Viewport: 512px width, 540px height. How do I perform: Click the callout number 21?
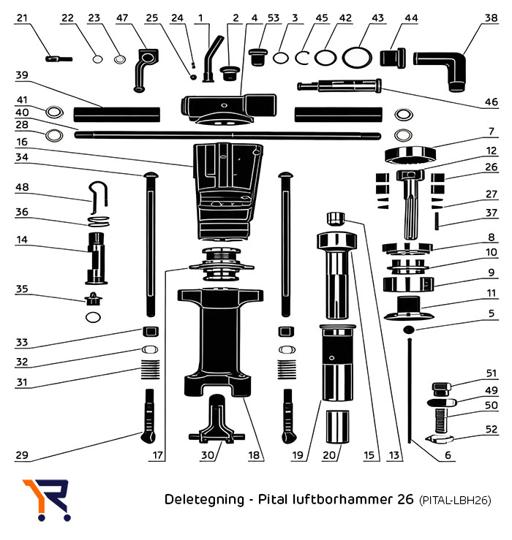21,17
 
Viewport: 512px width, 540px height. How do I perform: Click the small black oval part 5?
407,331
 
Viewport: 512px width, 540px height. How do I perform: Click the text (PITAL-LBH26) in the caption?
453,501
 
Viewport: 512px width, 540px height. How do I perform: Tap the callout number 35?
21,289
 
